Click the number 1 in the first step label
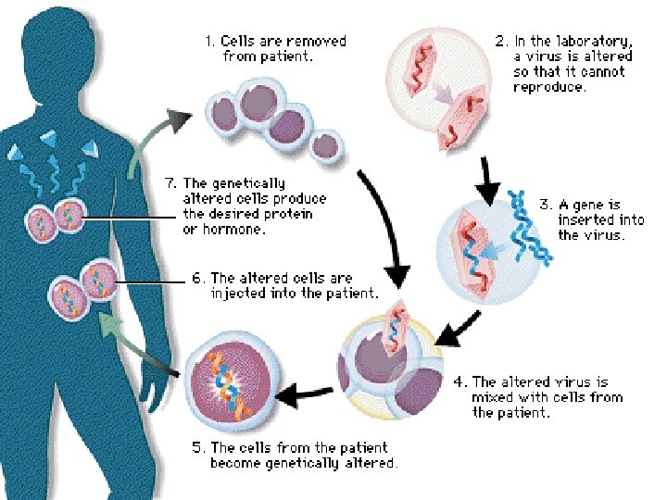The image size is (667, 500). click(208, 42)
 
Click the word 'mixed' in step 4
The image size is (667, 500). click(492, 397)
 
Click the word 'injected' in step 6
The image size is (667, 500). click(239, 294)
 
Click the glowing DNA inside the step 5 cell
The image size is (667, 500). click(223, 380)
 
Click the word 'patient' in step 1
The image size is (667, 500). click(288, 56)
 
